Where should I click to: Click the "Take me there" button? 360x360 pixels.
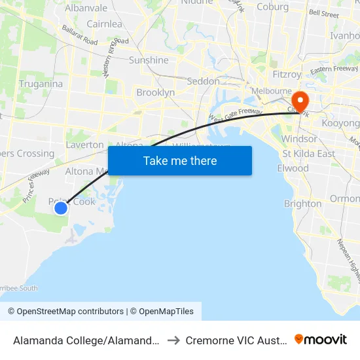tap(180, 160)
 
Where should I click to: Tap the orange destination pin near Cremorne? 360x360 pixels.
tap(300, 101)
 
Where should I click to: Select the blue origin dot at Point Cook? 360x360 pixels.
tap(60, 208)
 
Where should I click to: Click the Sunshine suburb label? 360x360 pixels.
tap(149, 60)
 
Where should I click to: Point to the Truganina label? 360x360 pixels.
tap(41, 84)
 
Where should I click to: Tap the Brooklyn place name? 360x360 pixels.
tap(155, 93)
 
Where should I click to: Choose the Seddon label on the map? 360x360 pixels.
tap(203, 81)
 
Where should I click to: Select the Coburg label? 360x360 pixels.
tap(273, 7)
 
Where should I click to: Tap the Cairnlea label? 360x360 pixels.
tap(104, 24)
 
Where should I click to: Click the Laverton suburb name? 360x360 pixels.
tap(84, 145)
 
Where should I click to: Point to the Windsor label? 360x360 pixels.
tap(299, 139)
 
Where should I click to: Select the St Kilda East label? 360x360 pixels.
tap(308, 154)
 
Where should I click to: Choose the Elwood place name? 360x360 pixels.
tap(293, 168)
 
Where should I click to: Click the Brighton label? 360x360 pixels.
tap(302, 204)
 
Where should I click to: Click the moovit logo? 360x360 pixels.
tap(321, 339)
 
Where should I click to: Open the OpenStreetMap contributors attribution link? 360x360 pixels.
tap(65, 312)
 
